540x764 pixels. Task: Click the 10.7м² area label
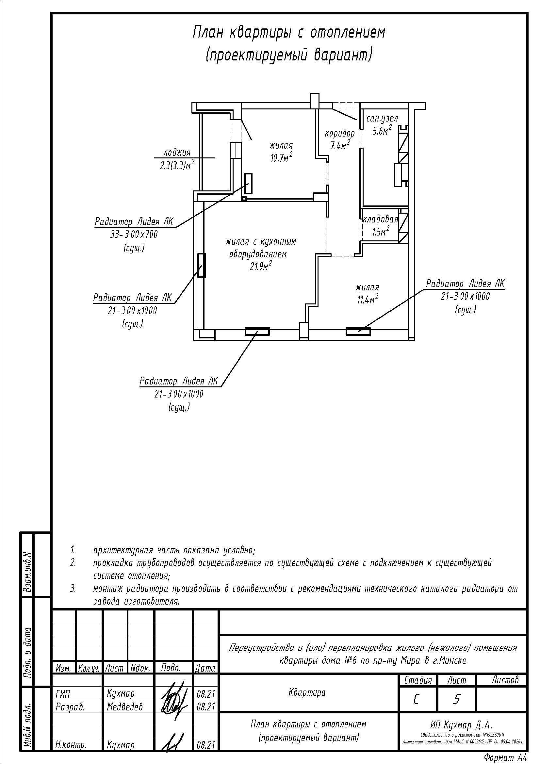[281, 157]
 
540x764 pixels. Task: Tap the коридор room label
[340, 134]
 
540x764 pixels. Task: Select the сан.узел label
[382, 119]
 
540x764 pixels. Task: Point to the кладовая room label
[380, 219]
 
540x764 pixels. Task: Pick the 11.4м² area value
[367, 300]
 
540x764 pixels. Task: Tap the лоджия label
[177, 153]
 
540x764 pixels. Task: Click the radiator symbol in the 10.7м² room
[248, 183]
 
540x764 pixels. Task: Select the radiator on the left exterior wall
[201, 265]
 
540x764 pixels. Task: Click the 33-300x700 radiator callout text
[134, 235]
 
